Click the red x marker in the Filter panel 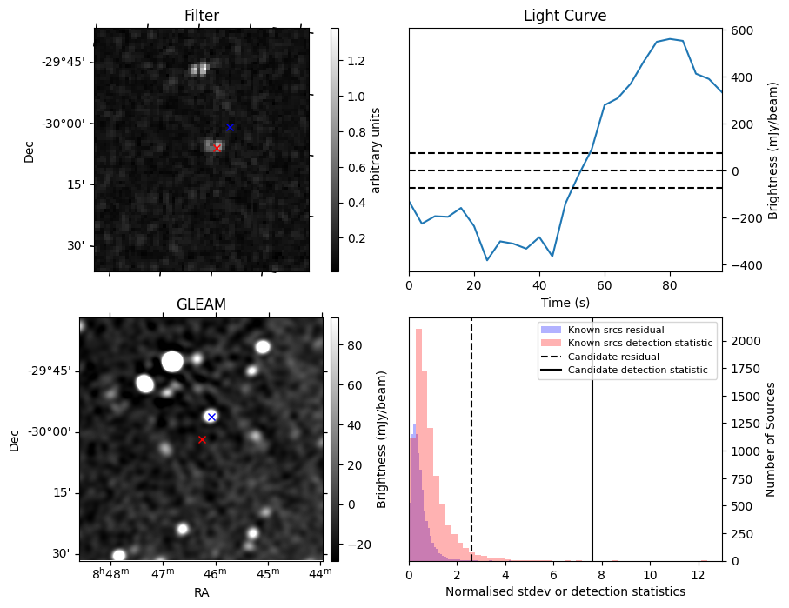click(x=217, y=148)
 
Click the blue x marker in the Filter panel click(x=230, y=127)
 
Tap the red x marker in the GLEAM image click(x=202, y=439)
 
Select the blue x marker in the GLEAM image click(x=211, y=417)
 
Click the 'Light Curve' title click(x=565, y=16)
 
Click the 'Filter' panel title click(x=202, y=16)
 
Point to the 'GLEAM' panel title click(x=201, y=304)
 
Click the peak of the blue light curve click(x=669, y=38)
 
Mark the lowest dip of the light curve click(x=487, y=260)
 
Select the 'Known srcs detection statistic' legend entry click(x=639, y=343)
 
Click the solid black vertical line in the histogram click(x=592, y=452)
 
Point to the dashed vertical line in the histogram click(x=471, y=452)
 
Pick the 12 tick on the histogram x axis click(x=698, y=575)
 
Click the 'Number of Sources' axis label click(x=771, y=439)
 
